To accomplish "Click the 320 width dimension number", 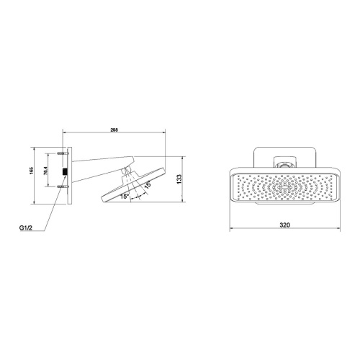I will (284, 225).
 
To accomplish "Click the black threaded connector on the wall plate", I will (64, 173).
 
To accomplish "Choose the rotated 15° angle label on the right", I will (148, 185).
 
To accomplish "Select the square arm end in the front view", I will (285, 163).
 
